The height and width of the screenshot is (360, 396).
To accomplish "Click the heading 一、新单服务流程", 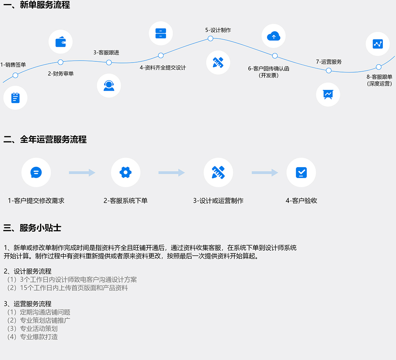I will (36, 6).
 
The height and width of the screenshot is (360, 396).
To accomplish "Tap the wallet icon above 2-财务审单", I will (61, 42).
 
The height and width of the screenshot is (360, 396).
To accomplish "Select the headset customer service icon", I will (109, 86).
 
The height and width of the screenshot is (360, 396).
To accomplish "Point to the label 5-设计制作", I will (218, 30).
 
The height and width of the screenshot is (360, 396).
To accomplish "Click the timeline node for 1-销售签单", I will (15, 75).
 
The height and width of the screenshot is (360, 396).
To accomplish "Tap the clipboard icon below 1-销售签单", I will (15, 97).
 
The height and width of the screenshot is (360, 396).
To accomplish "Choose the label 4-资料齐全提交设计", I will (162, 68).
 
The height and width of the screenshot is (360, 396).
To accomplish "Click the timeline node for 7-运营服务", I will (329, 70).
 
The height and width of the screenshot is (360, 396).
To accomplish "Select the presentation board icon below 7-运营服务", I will (328, 94).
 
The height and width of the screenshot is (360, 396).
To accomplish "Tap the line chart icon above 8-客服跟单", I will (378, 44).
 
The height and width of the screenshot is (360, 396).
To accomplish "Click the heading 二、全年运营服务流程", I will (45, 139).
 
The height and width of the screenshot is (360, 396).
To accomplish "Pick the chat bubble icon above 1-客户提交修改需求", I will (36, 172).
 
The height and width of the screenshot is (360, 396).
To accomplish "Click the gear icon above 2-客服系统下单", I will (126, 172).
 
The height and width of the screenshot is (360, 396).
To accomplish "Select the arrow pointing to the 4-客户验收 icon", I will (265, 173).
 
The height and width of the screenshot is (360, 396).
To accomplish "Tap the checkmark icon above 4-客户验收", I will (301, 172).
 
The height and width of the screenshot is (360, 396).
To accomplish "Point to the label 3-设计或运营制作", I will (218, 201).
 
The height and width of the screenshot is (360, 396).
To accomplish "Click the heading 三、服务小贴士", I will (32, 228).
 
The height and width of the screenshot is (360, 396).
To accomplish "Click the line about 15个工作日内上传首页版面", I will (67, 288).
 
